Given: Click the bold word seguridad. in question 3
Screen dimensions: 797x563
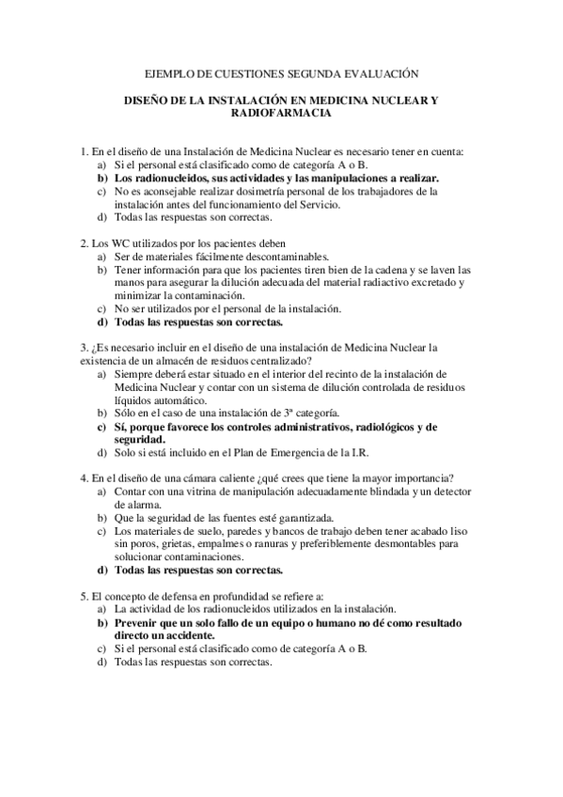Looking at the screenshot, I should point(139,439).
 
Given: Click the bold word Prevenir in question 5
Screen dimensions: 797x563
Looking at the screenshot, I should point(134,622).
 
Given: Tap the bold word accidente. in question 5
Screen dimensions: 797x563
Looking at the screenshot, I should point(199,635).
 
